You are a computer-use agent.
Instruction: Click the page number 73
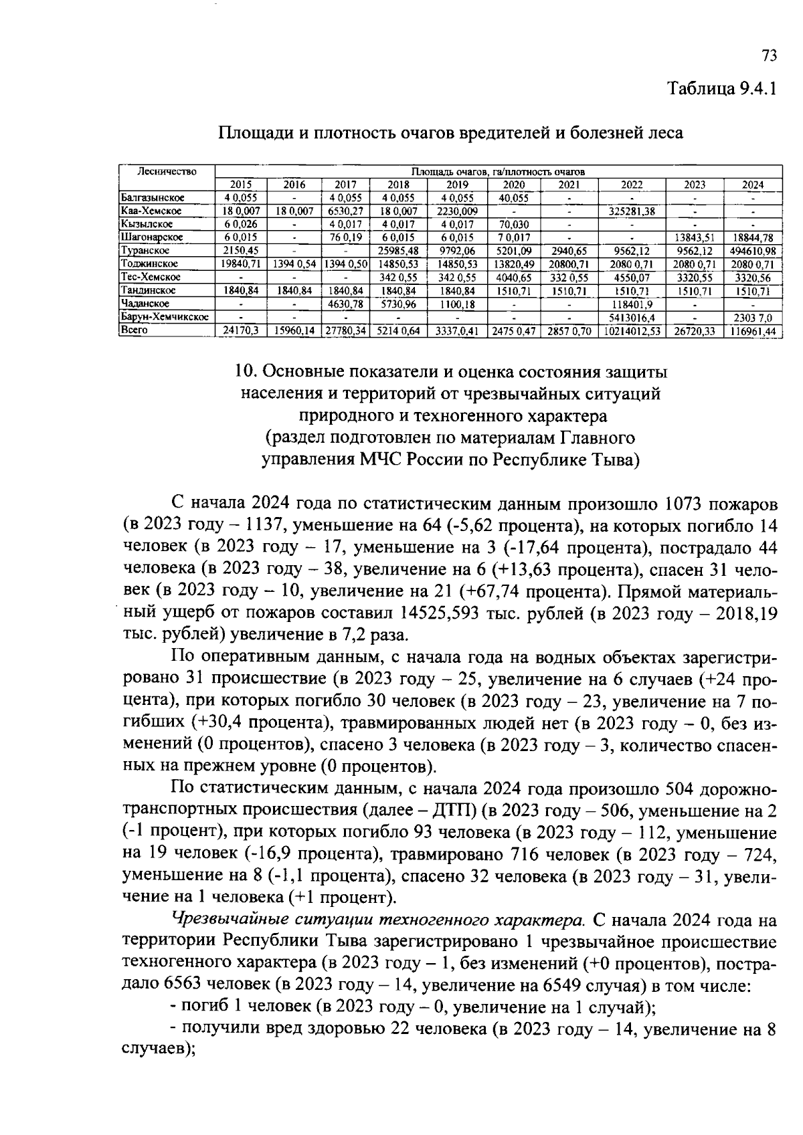(768, 56)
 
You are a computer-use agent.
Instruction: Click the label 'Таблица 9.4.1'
(721, 90)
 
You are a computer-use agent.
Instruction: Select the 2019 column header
(457, 185)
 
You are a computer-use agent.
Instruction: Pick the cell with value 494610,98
(753, 250)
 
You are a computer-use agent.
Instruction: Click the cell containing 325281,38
(631, 211)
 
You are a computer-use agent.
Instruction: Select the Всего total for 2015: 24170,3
(241, 330)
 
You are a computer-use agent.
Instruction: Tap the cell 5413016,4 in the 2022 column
(631, 316)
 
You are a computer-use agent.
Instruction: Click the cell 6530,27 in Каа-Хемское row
(345, 211)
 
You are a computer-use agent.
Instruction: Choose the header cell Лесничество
(167, 172)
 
